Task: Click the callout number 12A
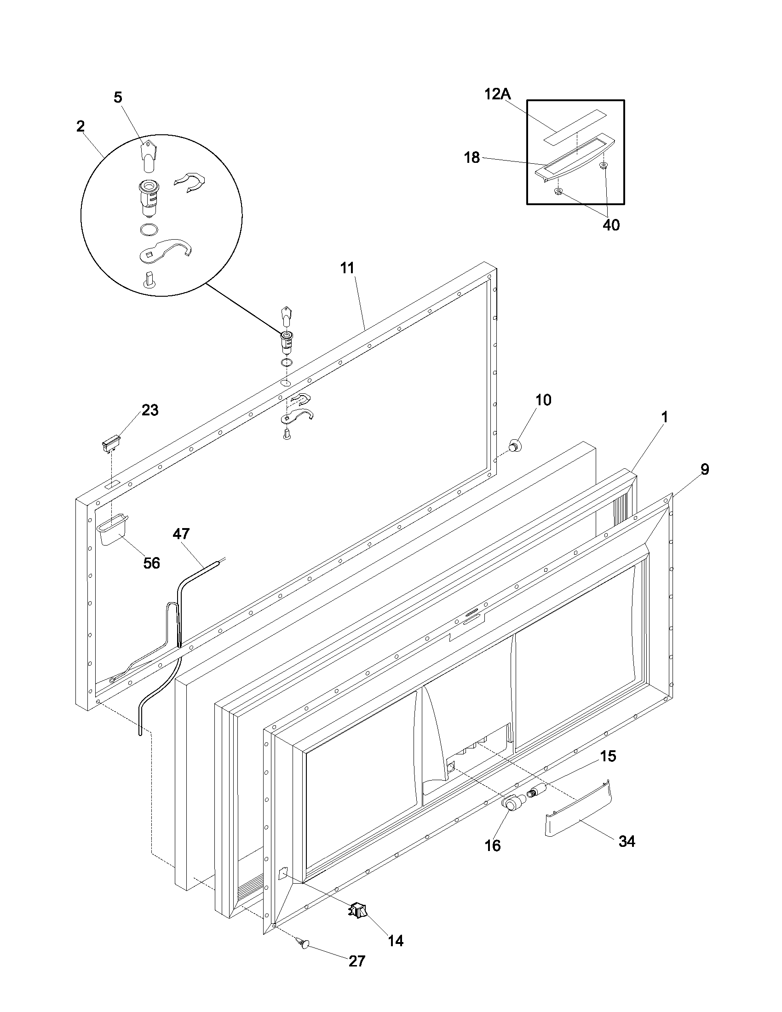tap(497, 94)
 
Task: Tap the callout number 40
tap(610, 225)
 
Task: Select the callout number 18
tap(471, 157)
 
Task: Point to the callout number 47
tap(181, 534)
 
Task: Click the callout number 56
tap(151, 563)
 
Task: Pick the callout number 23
tap(149, 410)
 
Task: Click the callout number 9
tap(704, 469)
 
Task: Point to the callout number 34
tap(627, 841)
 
